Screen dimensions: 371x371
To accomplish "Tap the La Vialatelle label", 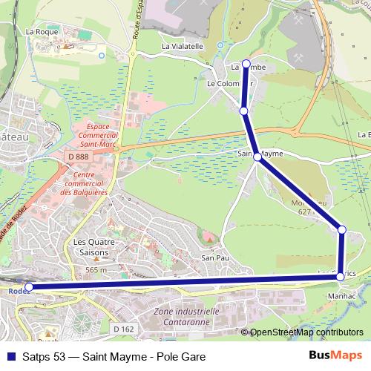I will tap(183, 45).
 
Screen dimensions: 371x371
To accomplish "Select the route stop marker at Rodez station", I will tap(29, 286).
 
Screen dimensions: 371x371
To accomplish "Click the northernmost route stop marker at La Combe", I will tap(246, 64).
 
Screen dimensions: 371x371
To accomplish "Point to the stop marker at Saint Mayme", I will tap(257, 157).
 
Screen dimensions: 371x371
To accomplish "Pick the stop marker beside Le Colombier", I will tap(243, 111).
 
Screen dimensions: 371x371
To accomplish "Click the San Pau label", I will tap(214, 257).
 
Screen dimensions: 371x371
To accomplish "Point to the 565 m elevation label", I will tap(97, 270).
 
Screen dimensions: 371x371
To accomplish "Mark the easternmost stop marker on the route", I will tap(342, 230).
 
